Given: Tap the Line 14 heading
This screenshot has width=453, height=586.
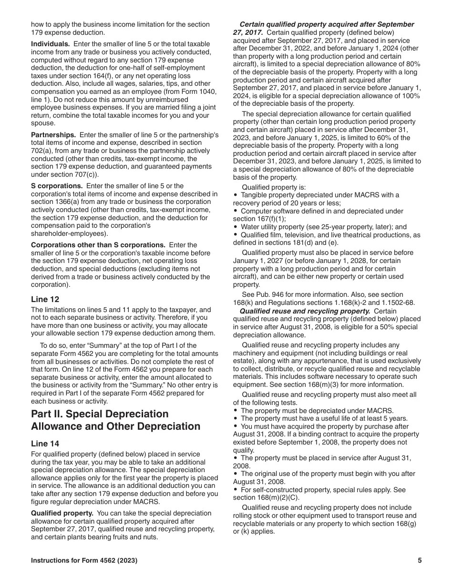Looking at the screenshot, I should pyautogui.click(x=45, y=444).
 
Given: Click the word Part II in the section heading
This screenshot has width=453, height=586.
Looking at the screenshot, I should pyautogui.click(x=46, y=414).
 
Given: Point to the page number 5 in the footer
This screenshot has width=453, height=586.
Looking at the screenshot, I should pyautogui.click(x=420, y=560).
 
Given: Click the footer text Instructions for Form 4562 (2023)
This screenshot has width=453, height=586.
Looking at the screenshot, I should pyautogui.click(x=84, y=560).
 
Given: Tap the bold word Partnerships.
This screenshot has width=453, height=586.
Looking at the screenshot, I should pyautogui.click(x=53, y=135).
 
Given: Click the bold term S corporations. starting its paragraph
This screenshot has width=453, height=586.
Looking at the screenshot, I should pyautogui.click(x=57, y=186).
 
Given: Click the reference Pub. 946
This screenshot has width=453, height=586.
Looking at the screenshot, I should pyautogui.click(x=270, y=294).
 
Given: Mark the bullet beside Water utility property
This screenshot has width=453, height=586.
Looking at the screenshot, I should pyautogui.click(x=236, y=227).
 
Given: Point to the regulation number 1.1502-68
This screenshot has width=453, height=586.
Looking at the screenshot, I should pyautogui.click(x=395, y=303).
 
